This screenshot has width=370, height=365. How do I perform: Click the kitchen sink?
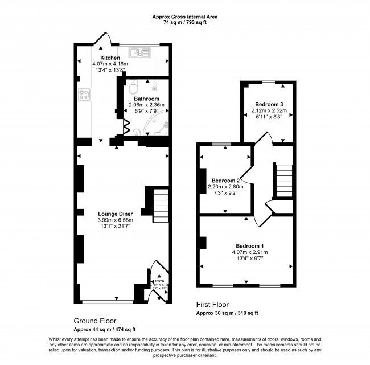[139, 53]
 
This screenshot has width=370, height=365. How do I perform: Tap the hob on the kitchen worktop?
[85, 95]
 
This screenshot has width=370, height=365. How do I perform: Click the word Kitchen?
[110, 58]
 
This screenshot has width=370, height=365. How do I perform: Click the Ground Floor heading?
[93, 321]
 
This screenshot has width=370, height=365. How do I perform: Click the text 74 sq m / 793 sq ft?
[185, 24]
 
